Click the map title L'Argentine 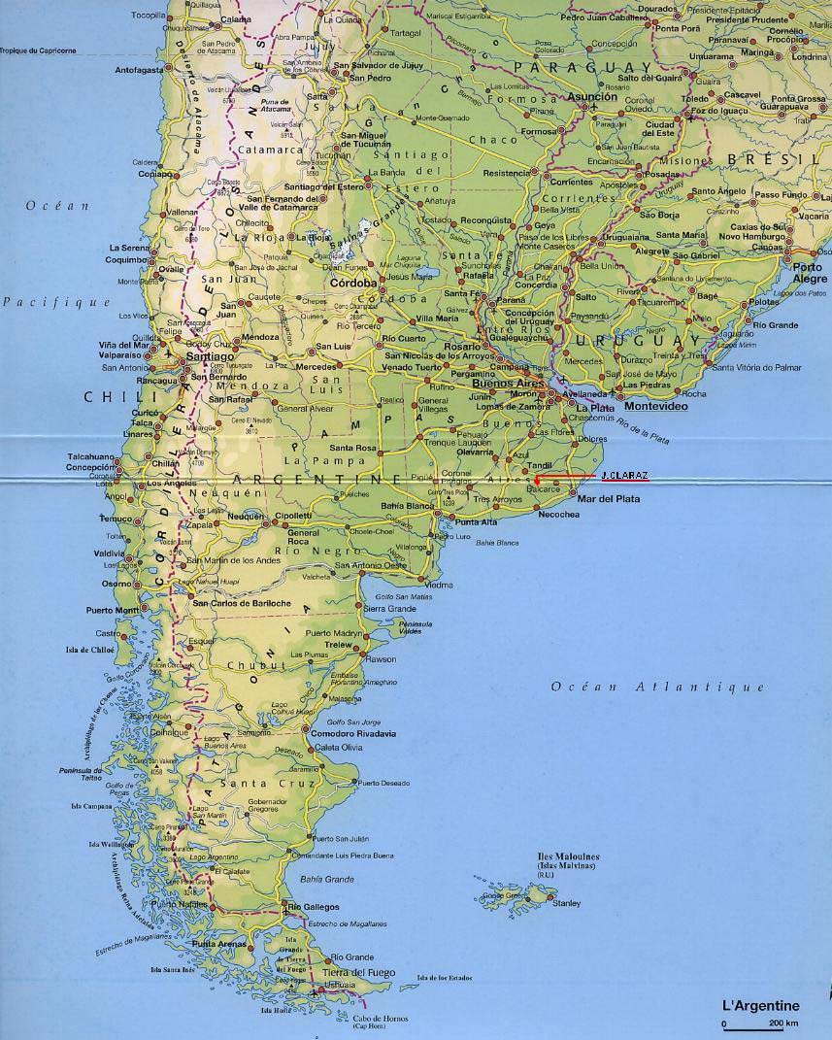(759, 1006)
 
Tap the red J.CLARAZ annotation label (624, 475)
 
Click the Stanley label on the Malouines (566, 904)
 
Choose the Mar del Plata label (609, 498)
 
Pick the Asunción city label (592, 97)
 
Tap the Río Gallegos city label (315, 907)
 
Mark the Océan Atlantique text (658, 688)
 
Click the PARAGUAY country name (566, 66)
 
